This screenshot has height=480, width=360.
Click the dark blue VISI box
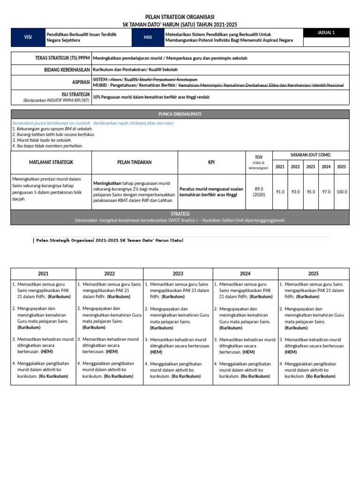(x=28, y=37)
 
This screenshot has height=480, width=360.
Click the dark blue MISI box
(x=148, y=37)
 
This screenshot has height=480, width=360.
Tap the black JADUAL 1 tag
(x=326, y=33)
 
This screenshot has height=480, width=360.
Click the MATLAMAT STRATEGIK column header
(x=51, y=162)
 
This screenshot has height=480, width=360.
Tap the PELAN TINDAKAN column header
(x=135, y=162)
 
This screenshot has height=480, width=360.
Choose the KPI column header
(x=211, y=162)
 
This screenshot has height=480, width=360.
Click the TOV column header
(x=259, y=157)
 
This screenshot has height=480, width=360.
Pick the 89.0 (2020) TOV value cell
(x=259, y=191)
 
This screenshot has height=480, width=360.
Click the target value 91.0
(x=280, y=192)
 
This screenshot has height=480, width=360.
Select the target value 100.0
(x=342, y=192)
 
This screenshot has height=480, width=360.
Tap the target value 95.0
(x=311, y=192)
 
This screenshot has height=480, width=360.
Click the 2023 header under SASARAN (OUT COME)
(x=311, y=167)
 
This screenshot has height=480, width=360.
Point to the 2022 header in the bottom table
(x=110, y=274)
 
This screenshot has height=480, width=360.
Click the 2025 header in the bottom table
(x=314, y=274)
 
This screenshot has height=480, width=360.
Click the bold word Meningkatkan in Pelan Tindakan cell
(x=107, y=183)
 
